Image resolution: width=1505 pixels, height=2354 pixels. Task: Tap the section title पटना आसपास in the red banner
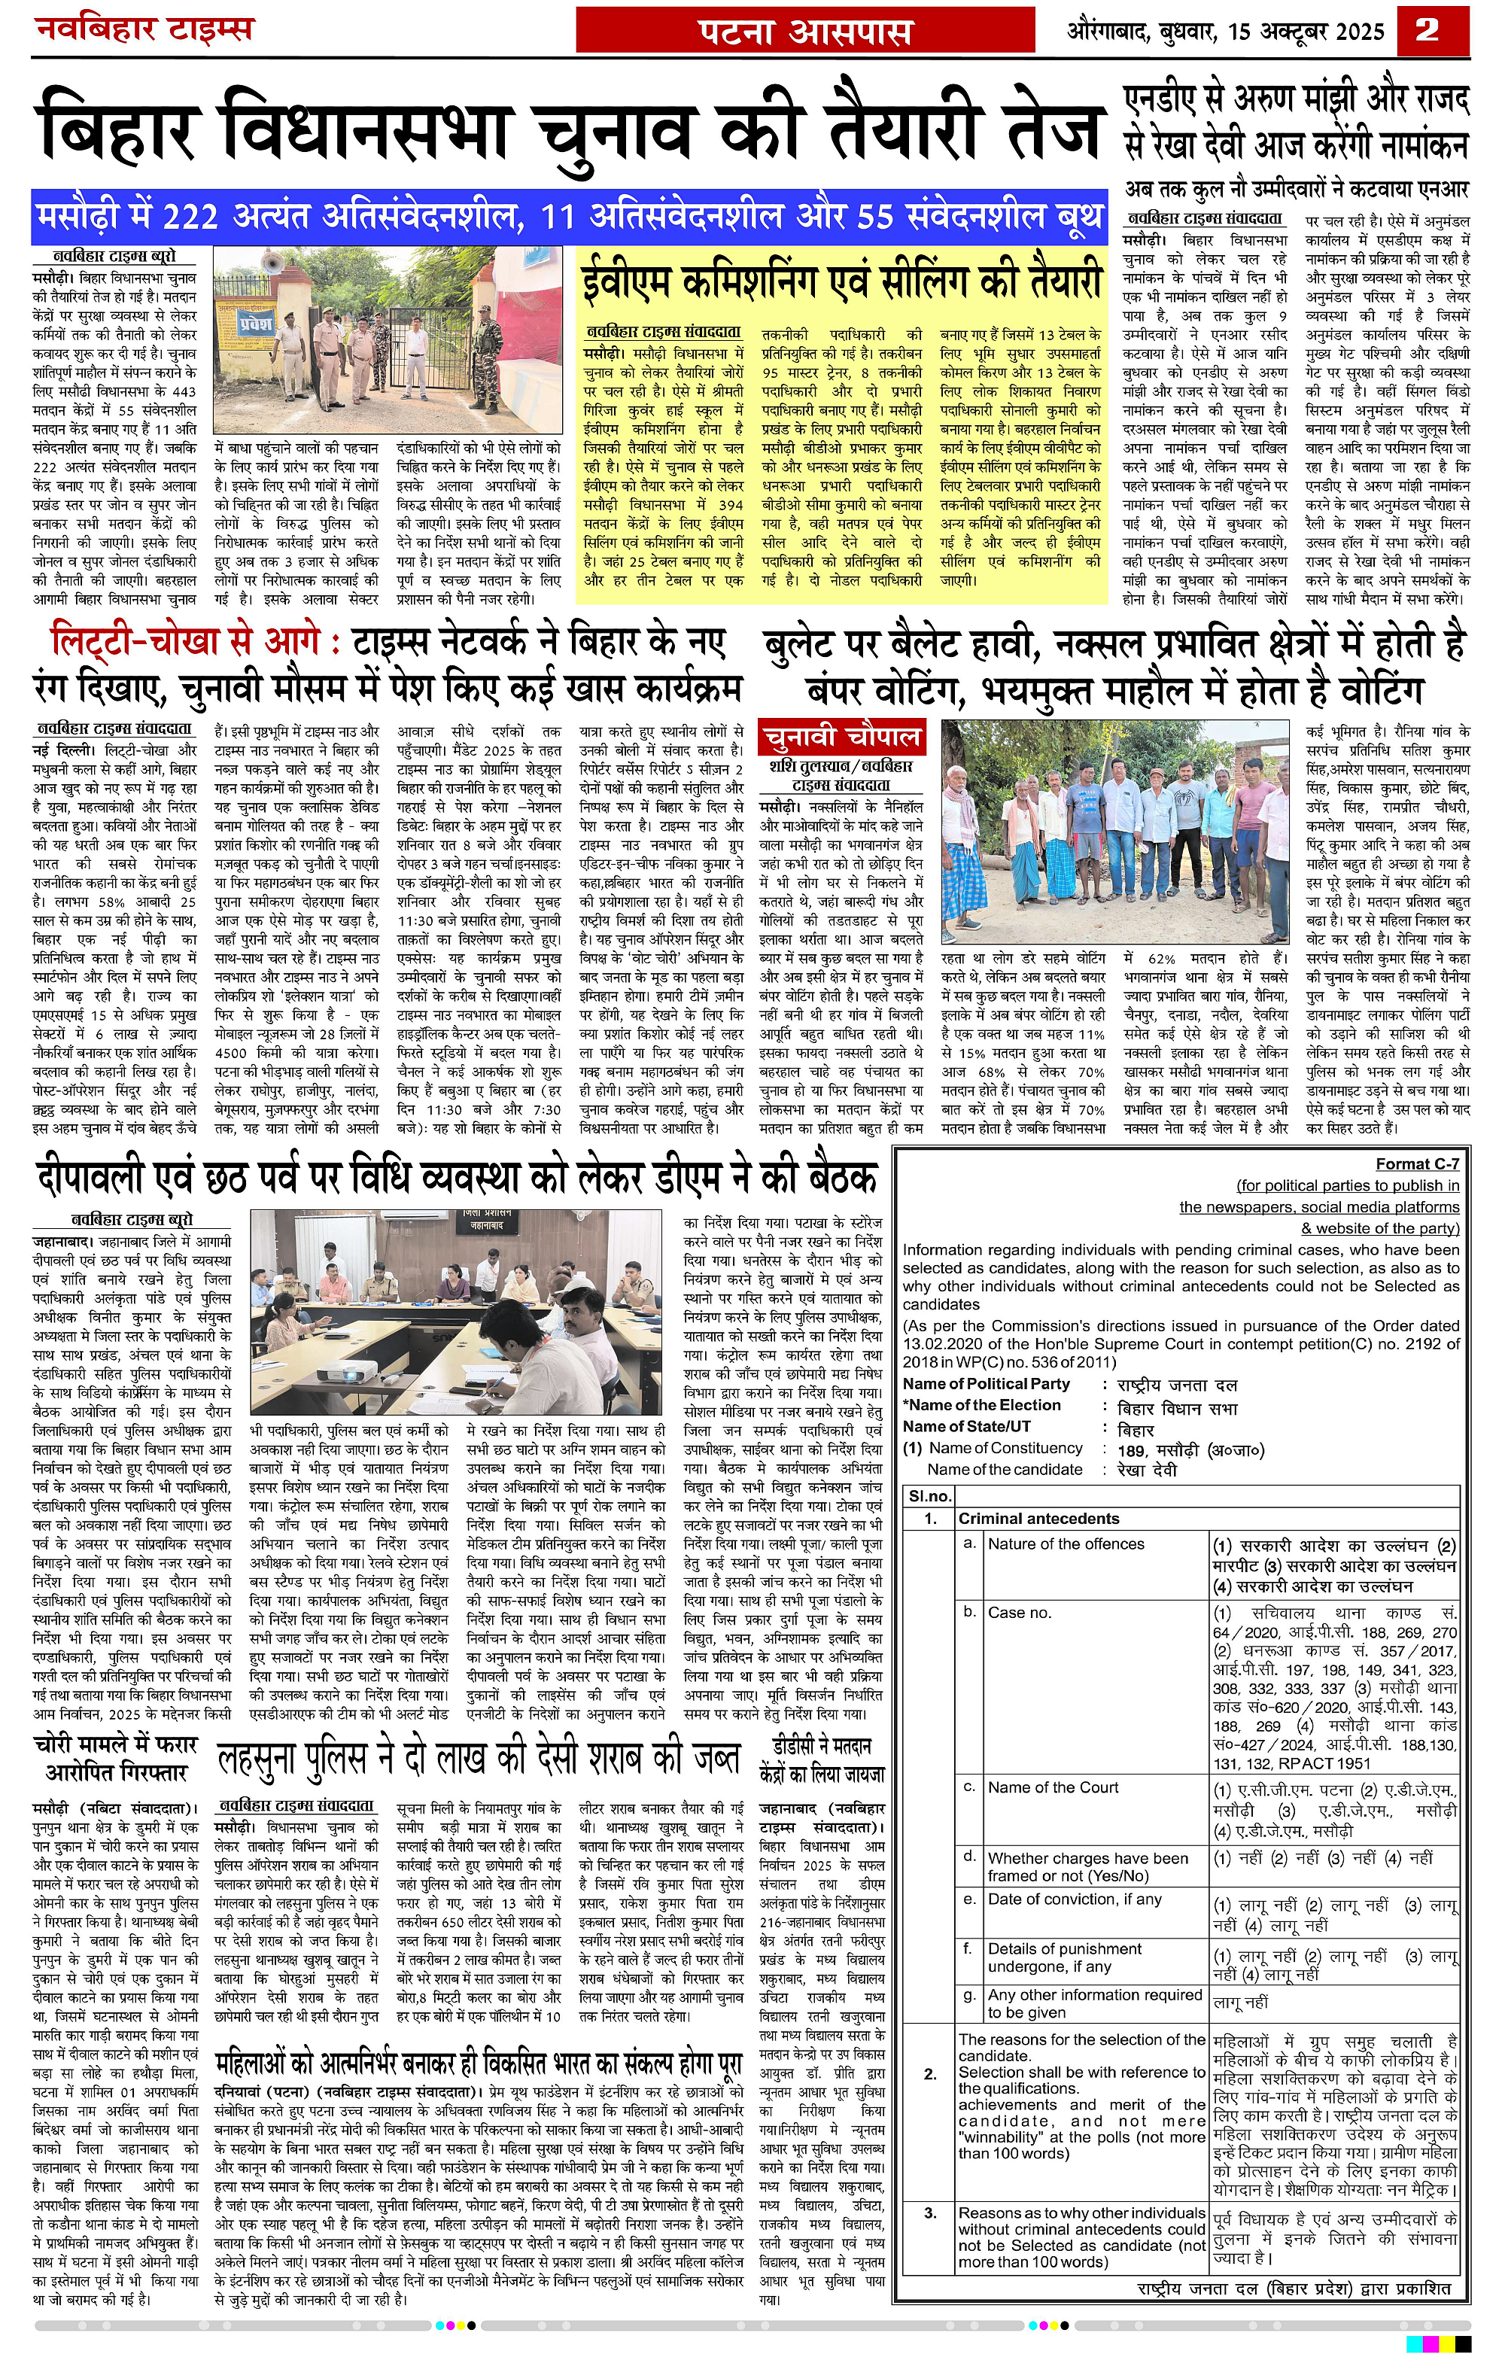[x=805, y=32]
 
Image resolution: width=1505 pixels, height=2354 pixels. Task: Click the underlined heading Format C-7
[x=1417, y=1163]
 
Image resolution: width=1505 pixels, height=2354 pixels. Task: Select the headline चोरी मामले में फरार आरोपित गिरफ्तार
[x=115, y=1756]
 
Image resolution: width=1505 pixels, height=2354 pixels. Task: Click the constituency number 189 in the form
[x=1132, y=1449]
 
